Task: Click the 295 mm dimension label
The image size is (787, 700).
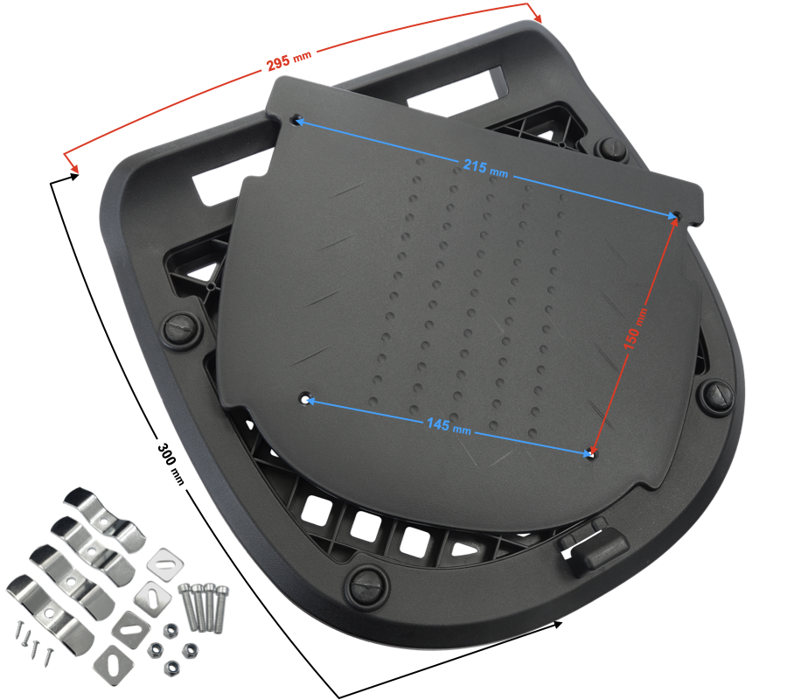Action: click(x=289, y=59)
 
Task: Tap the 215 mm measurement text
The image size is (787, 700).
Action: click(x=484, y=168)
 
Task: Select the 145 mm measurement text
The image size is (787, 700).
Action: click(x=449, y=426)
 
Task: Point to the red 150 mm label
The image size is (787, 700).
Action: click(x=636, y=329)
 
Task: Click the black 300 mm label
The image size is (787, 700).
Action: click(x=171, y=464)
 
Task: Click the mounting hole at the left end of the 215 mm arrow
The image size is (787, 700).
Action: click(x=297, y=120)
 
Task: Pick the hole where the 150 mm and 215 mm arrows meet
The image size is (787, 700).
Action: click(x=677, y=216)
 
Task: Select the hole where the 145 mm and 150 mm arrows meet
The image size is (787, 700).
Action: click(x=594, y=454)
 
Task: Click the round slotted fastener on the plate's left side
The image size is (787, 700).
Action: click(x=181, y=330)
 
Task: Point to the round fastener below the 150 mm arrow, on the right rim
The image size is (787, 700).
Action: click(x=715, y=395)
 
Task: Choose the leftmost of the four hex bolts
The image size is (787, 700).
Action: click(x=187, y=606)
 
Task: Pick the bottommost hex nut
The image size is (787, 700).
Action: click(x=171, y=668)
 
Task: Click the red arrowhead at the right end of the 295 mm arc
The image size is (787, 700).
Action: click(x=536, y=15)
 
